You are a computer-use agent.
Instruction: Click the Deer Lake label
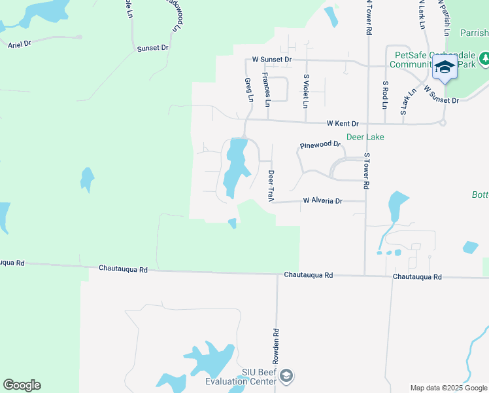pos(365,137)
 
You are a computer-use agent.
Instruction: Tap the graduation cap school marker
pos(445,67)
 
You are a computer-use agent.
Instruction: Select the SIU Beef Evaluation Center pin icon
pos(286,376)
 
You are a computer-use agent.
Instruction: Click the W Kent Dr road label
pos(343,123)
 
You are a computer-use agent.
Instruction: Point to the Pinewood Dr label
pos(320,144)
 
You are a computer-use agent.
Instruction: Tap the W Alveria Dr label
pos(322,201)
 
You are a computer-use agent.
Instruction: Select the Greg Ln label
pos(249,90)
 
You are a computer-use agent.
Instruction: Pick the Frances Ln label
pos(267,90)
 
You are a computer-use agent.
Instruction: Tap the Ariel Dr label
pos(20,45)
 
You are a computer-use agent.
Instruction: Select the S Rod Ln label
pos(386,95)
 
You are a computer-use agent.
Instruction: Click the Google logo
pos(22,385)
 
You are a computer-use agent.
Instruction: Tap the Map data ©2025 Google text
pos(448,388)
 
